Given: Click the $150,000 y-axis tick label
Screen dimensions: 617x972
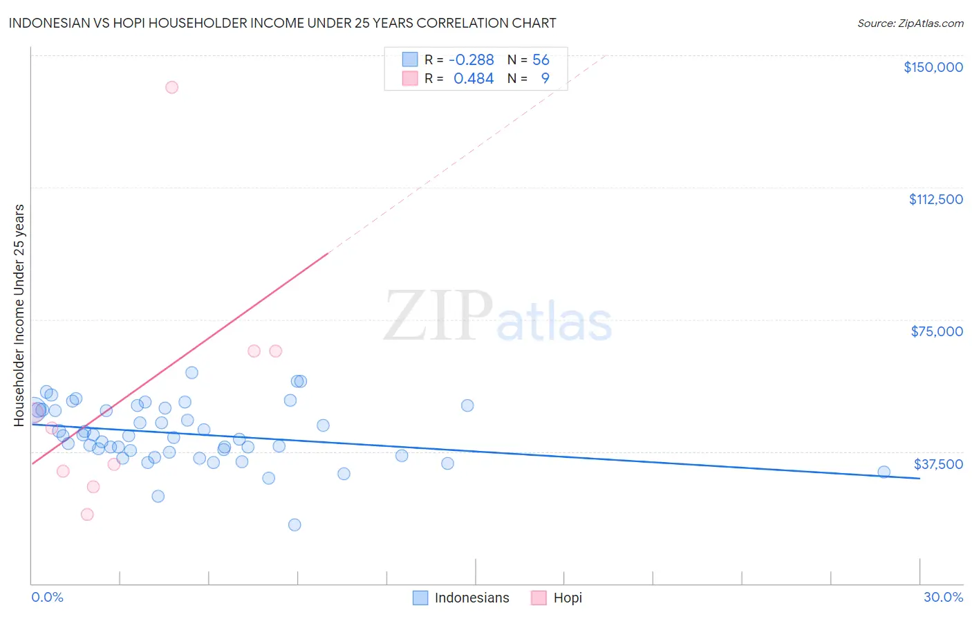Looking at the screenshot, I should pos(933,67).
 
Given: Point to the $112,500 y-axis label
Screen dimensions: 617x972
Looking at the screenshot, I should pos(935,199).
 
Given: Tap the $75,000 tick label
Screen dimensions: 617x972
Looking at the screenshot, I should pos(937,331).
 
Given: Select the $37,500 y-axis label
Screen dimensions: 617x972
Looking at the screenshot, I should pos(938,464).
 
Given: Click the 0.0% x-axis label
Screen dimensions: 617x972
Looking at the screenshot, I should pos(47,598).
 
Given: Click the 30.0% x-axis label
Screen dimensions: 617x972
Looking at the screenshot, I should pos(943,598).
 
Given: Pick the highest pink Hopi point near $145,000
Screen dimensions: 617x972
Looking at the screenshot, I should pos(171,87).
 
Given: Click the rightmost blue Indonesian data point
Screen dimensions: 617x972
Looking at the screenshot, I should pos(884,472).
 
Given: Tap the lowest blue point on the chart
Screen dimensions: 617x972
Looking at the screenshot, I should pos(295,524).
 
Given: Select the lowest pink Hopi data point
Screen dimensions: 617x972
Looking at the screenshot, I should pos(87,514).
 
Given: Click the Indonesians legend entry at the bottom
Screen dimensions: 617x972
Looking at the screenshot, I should pos(461,598).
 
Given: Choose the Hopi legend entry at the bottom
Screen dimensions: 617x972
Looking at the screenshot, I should pos(557,598).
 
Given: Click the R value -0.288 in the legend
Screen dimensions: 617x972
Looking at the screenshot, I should pos(471,60).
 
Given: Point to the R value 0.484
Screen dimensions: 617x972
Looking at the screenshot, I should pos(474,79).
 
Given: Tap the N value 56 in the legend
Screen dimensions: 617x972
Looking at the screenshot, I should pos(541,60).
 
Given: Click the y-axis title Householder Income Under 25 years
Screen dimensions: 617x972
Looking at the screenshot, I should pos(19,315).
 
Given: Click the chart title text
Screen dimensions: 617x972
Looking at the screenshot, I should pos(282,23).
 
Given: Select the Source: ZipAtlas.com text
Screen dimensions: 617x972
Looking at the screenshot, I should pos(910,24).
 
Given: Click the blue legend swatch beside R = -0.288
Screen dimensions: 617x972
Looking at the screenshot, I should pos(410,59).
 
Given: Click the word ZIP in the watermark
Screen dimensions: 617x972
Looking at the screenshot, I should pos(438,317).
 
